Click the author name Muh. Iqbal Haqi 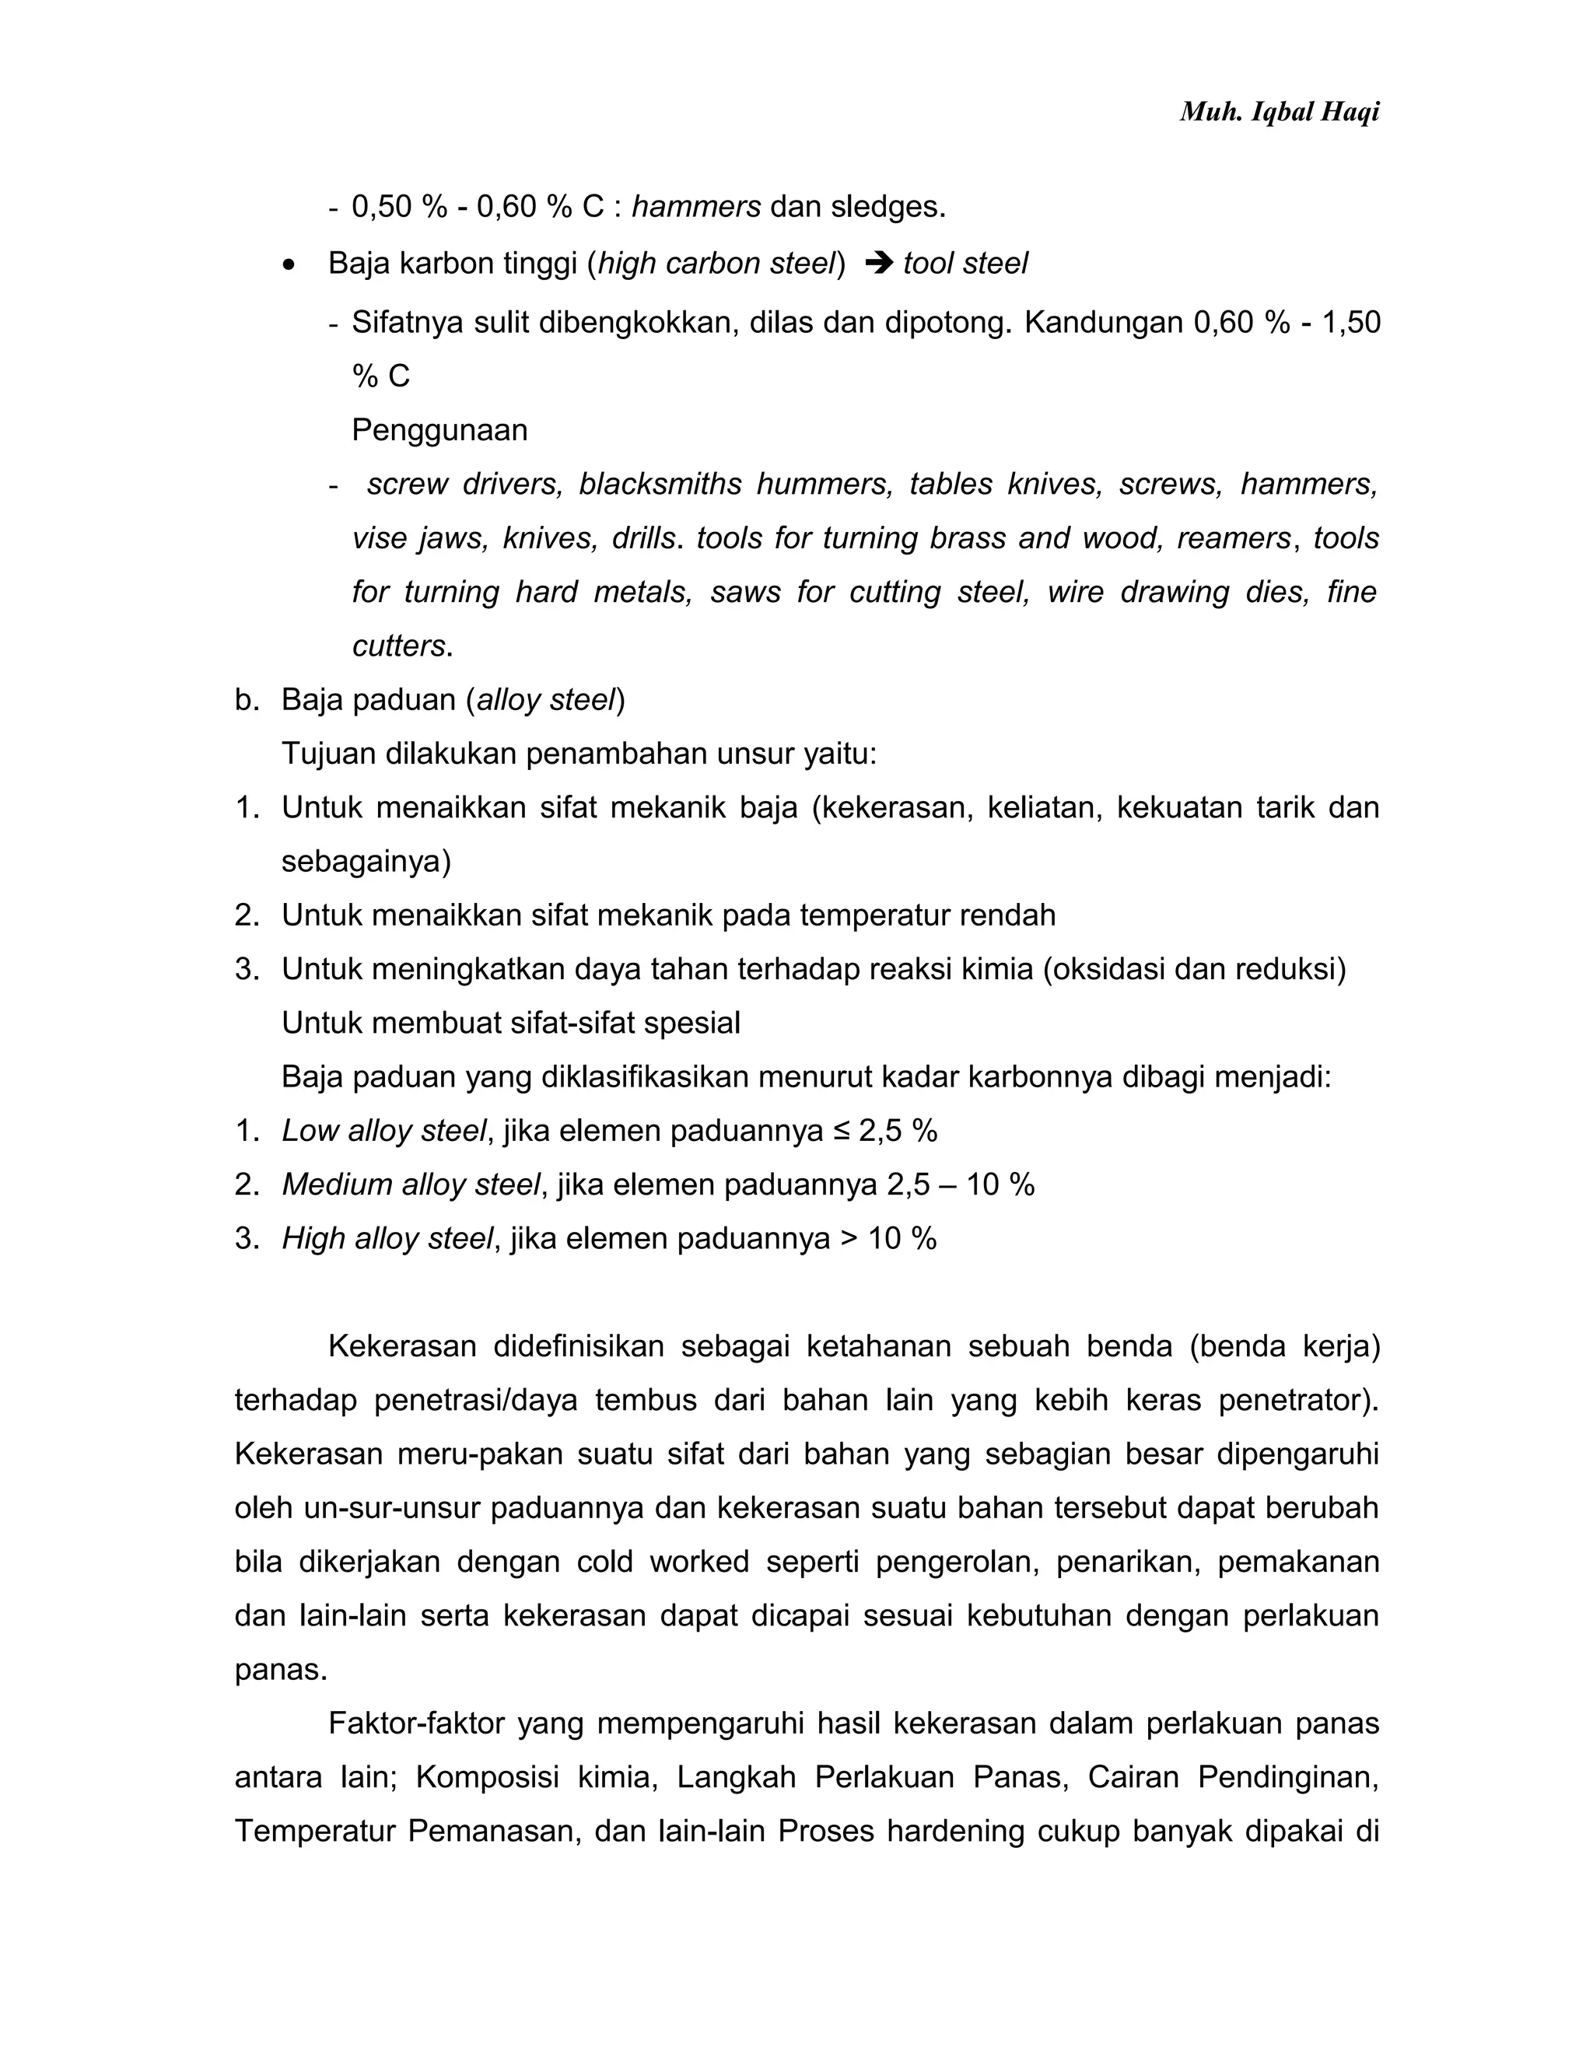pos(1279,112)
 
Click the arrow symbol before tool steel pos(877,264)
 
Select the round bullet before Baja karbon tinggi pos(289,265)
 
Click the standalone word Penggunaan pos(439,430)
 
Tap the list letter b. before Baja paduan pos(247,700)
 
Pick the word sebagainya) pos(366,862)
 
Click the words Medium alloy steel pos(411,1184)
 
